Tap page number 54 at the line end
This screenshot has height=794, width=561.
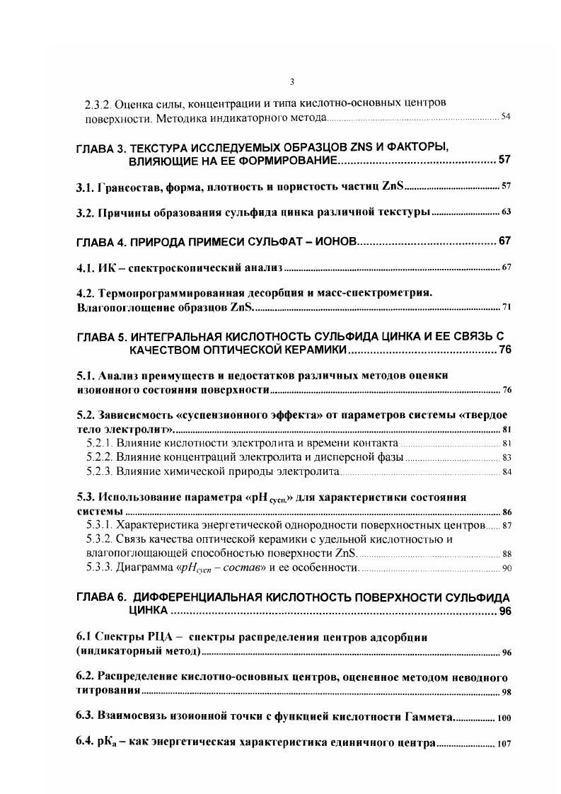(x=506, y=116)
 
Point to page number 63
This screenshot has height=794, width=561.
(x=506, y=212)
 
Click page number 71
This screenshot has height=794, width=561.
(x=506, y=306)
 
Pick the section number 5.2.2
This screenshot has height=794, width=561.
(x=98, y=457)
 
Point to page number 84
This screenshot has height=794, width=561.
(x=506, y=471)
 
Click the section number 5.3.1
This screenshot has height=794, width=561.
(x=98, y=525)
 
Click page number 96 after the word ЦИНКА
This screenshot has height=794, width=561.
(x=504, y=611)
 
